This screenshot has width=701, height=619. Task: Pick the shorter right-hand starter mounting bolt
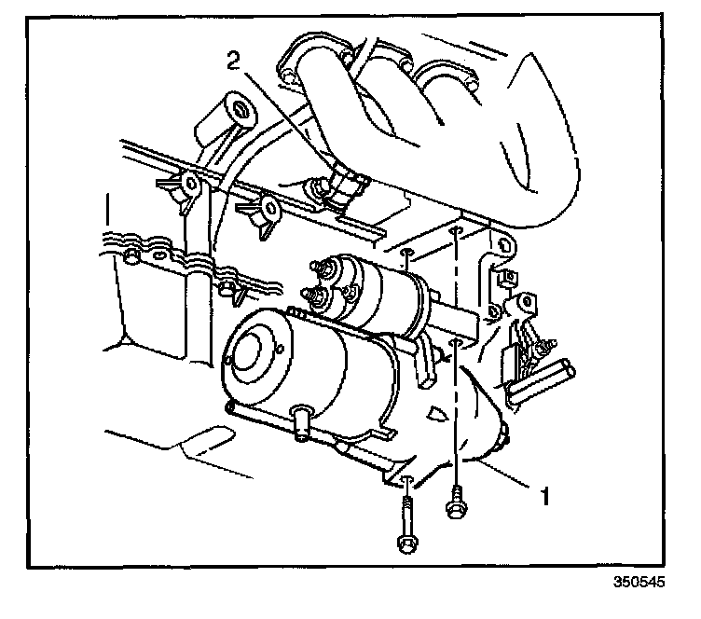coord(457,510)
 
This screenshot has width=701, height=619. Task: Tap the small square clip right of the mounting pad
coord(508,277)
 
